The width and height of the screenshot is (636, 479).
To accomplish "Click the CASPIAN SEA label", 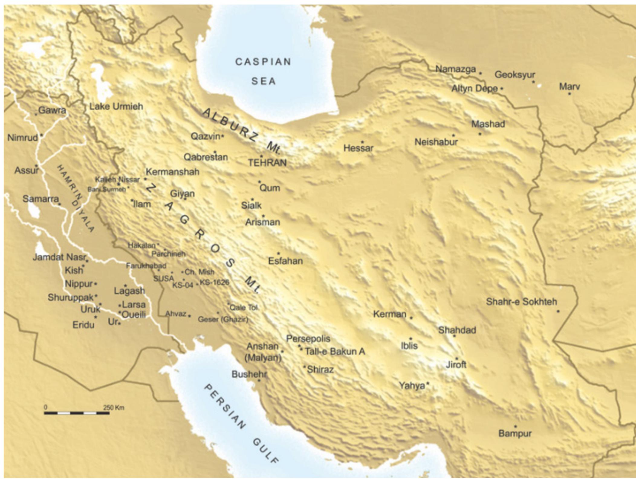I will (263, 71).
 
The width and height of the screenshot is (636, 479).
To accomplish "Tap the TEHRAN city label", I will (267, 163).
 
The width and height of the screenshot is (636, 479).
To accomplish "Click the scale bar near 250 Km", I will (77, 413).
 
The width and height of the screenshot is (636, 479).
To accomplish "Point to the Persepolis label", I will (308, 338).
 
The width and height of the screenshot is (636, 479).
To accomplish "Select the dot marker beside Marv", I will (569, 94).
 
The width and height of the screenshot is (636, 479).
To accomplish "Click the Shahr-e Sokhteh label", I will (521, 301).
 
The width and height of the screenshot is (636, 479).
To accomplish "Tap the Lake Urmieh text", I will (116, 106).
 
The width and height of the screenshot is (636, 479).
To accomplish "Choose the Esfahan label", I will (285, 261).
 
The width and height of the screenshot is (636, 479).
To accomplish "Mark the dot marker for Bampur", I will (515, 426).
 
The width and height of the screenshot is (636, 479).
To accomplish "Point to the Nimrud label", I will (23, 138).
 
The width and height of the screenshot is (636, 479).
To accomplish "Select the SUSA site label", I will (164, 279).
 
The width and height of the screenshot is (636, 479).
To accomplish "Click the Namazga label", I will (455, 69).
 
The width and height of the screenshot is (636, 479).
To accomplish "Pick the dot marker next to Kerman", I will (411, 318).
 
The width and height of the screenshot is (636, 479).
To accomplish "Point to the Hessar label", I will (359, 148).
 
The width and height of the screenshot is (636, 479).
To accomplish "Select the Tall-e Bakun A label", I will (335, 351).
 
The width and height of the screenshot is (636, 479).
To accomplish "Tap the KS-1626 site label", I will (214, 282).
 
